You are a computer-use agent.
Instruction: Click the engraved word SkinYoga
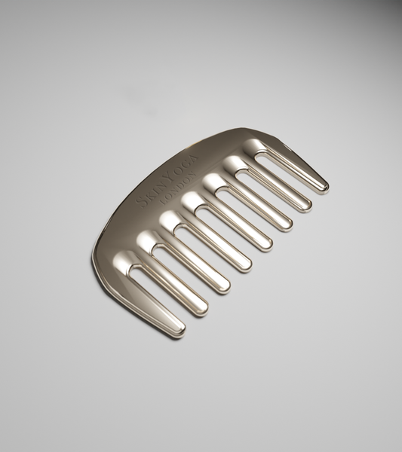[x=168, y=181]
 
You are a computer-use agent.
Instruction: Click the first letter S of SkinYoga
[x=141, y=203]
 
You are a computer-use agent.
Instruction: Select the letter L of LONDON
[x=164, y=201]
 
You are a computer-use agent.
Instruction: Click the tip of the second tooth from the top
[x=308, y=207]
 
